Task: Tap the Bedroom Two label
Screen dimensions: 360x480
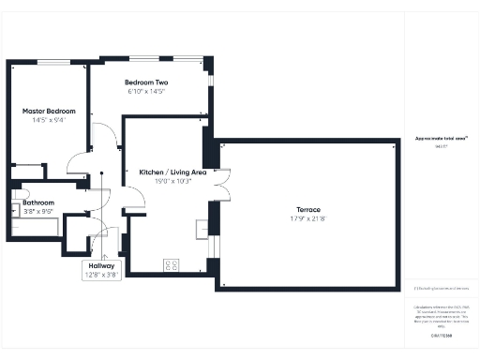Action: [146, 82]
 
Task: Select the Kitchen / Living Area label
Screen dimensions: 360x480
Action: [172, 172]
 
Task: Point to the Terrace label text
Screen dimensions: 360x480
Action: [308, 208]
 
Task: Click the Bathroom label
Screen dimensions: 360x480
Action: [38, 202]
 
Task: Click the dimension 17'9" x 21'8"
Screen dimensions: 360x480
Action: [308, 218]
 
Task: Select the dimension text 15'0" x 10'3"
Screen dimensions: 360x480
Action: [172, 182]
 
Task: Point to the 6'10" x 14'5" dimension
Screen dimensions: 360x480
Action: [146, 92]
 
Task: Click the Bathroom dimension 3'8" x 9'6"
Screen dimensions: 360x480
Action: [38, 212]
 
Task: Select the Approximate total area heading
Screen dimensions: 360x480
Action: [441, 139]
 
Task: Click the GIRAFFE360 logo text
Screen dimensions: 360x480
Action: [441, 335]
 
